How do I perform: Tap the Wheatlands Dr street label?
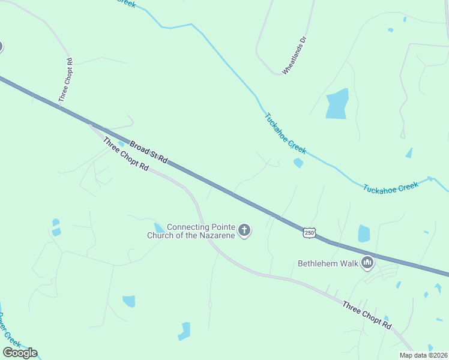295,56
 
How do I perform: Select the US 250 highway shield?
309,232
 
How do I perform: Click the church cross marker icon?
244,230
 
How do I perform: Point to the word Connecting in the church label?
187,227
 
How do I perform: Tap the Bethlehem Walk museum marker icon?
367,263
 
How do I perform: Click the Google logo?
20,352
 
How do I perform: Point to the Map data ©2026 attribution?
423,355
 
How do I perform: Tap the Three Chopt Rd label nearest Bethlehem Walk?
367,316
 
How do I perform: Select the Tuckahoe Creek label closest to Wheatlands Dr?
285,132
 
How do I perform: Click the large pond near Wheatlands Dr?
337,103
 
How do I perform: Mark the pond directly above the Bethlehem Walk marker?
364,233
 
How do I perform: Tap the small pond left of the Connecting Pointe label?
159,227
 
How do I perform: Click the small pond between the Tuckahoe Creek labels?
298,163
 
